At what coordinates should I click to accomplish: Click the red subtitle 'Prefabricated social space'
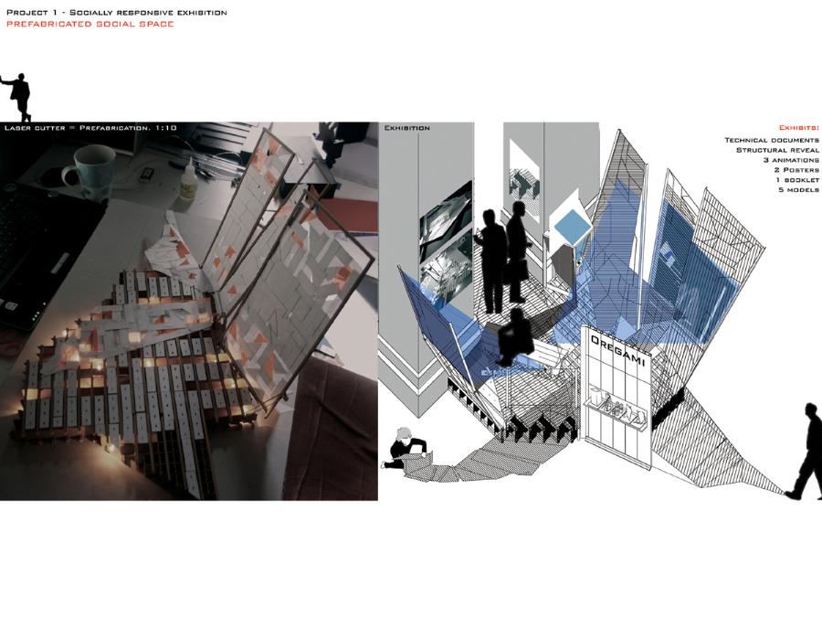coord(90,24)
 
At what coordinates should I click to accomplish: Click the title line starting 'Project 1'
coord(116,12)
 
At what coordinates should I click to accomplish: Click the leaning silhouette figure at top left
coord(17,98)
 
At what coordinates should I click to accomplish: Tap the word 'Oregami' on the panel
coord(618,352)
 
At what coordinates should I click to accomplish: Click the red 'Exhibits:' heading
coord(798,128)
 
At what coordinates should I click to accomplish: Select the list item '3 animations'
coord(791,160)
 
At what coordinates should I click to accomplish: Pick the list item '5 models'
coord(798,190)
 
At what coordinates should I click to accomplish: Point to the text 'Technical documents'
coord(772,140)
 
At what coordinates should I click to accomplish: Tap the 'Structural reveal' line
coord(777,150)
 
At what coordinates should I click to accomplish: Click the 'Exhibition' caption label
coord(406,128)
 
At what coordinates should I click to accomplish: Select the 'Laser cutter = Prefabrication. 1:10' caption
coord(90,128)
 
